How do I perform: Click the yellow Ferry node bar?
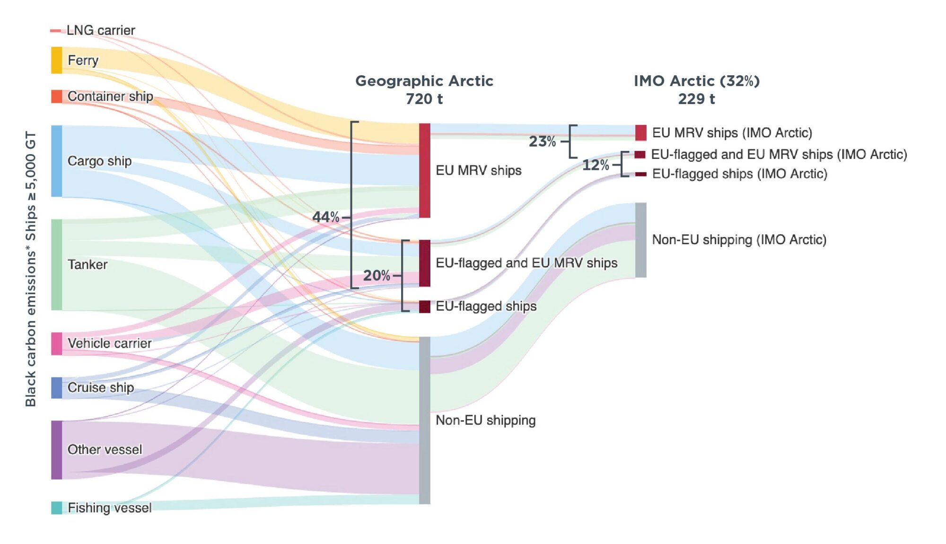pyautogui.click(x=56, y=60)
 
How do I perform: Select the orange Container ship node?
pyautogui.click(x=56, y=96)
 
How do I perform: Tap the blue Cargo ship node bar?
pyautogui.click(x=56, y=161)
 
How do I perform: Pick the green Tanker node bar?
pyautogui.click(x=56, y=264)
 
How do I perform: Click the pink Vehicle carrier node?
pyautogui.click(x=56, y=343)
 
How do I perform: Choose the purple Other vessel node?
pyautogui.click(x=56, y=449)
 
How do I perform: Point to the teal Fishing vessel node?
pyautogui.click(x=56, y=508)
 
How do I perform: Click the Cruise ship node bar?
pyautogui.click(x=56, y=388)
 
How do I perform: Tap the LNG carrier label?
pyautogui.click(x=100, y=30)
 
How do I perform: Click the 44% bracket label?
pyautogui.click(x=325, y=217)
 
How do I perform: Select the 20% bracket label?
pyautogui.click(x=377, y=275)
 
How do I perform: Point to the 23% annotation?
pyautogui.click(x=542, y=141)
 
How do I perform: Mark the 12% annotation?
pyautogui.click(x=595, y=165)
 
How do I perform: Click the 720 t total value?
pyautogui.click(x=424, y=99)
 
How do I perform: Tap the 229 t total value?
pyautogui.click(x=696, y=99)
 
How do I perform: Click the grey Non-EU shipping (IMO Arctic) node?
pyautogui.click(x=640, y=240)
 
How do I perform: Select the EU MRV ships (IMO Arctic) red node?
pyautogui.click(x=640, y=133)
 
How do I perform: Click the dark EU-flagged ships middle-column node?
pyautogui.click(x=424, y=307)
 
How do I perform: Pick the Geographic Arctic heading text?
pyautogui.click(x=424, y=81)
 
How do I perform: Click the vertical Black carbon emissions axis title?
pyautogui.click(x=31, y=268)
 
